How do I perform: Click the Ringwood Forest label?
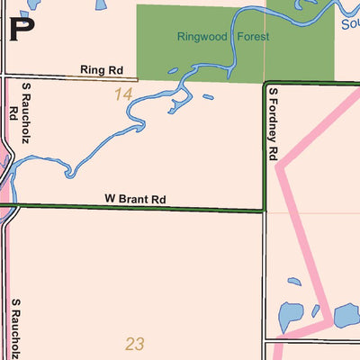tap(223, 38)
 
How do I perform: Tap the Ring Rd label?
tap(101, 69)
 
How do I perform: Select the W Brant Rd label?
tap(136, 199)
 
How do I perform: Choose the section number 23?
tap(135, 343)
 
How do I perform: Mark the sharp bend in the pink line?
tap(278, 166)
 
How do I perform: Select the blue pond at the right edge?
tap(347, 316)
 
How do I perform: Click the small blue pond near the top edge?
tap(100, 4)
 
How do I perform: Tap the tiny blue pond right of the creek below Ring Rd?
tap(208, 97)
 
